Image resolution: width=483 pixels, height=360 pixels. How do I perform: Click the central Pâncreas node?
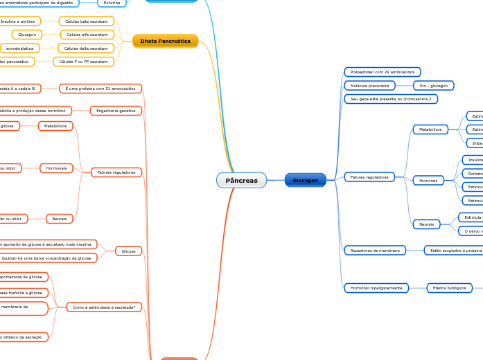241,180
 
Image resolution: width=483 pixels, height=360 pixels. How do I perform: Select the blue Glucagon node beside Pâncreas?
305,180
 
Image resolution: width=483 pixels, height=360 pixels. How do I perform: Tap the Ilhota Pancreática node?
165,41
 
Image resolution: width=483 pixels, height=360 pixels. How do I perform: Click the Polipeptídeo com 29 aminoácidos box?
383,72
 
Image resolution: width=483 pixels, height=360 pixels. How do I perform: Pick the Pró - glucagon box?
434,86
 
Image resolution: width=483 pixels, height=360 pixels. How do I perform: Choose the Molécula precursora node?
369,86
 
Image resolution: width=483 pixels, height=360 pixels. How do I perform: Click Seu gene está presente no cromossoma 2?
390,99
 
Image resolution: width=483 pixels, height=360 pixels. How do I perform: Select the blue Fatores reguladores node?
369,177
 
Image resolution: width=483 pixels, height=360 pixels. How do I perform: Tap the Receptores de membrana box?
375,250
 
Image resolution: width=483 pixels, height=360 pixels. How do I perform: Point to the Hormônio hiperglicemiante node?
376,287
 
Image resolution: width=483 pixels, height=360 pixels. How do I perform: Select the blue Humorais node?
428,180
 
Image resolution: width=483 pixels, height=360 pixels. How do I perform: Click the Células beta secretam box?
87,21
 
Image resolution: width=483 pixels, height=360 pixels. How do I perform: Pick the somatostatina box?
20,48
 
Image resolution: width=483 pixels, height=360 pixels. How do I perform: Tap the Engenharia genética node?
116,111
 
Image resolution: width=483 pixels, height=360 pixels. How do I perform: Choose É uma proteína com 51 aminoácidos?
100,89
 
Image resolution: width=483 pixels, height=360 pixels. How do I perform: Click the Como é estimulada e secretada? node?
104,307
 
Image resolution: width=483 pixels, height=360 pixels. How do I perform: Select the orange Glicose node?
128,251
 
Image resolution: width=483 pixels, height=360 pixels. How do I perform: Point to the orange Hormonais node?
57,168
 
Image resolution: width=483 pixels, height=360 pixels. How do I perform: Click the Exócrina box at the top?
111,3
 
